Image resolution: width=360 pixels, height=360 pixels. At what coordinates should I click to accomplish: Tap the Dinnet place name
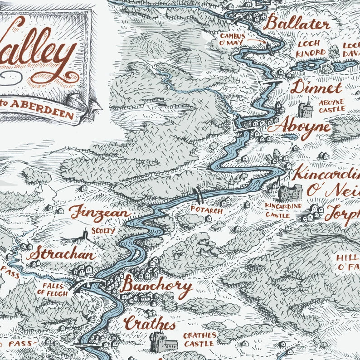(316, 87)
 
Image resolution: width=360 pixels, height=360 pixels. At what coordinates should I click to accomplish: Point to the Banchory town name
(156, 287)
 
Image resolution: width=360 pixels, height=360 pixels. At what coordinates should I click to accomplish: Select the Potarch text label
(206, 211)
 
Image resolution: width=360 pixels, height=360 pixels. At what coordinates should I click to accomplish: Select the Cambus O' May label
(233, 39)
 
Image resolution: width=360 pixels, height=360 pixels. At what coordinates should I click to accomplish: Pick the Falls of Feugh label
(56, 290)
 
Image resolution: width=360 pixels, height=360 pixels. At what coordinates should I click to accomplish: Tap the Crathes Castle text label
(199, 340)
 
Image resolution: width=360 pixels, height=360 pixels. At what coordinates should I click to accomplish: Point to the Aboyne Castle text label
(331, 105)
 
